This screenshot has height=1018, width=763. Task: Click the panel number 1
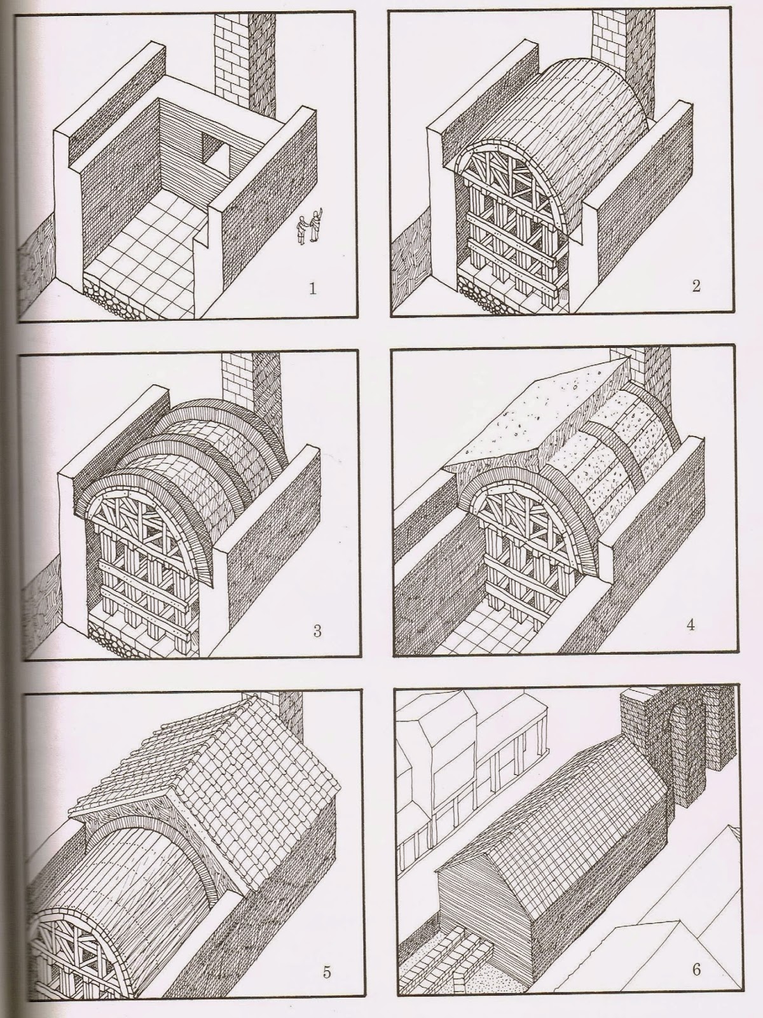[x=312, y=289]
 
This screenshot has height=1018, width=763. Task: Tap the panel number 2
[x=696, y=286]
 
